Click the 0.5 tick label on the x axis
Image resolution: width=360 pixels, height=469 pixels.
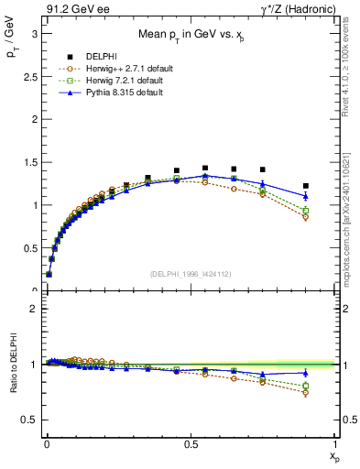click(x=191, y=444)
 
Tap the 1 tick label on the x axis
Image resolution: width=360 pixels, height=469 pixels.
click(x=335, y=444)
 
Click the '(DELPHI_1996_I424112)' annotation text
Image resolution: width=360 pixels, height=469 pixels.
click(x=191, y=273)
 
